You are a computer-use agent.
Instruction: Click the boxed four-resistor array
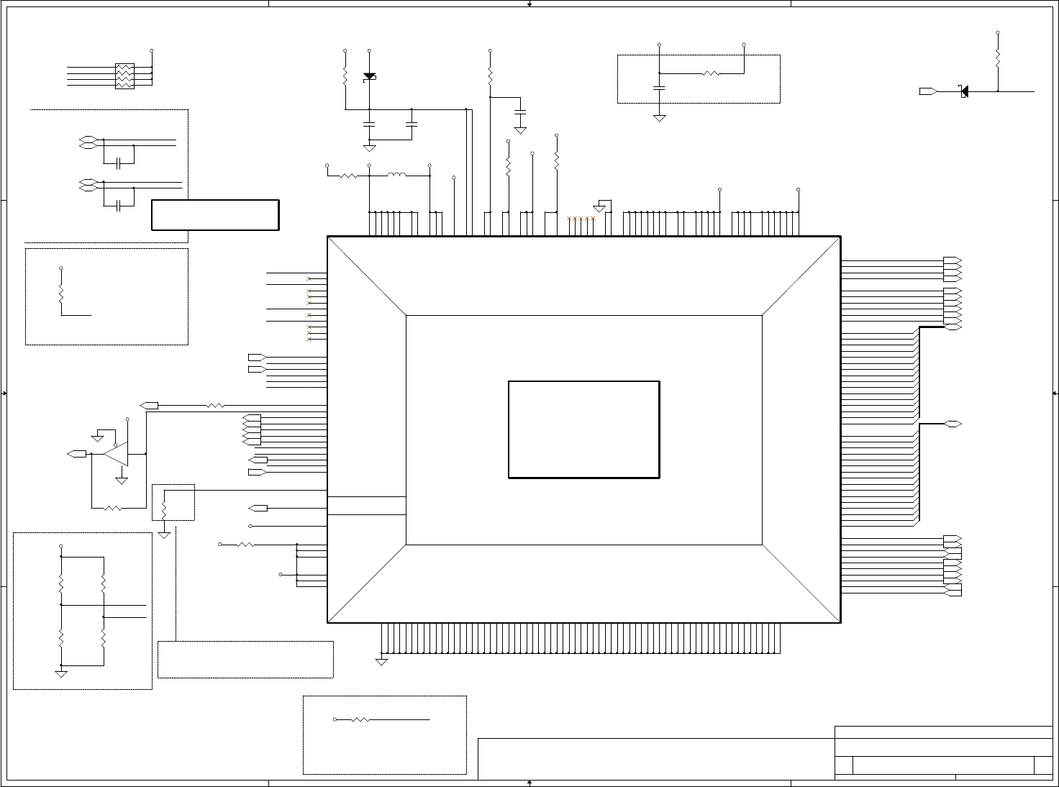click(124, 76)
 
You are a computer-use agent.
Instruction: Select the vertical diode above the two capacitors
click(369, 76)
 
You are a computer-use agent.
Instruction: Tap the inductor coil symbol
click(396, 175)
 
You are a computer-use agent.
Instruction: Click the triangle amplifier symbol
click(116, 454)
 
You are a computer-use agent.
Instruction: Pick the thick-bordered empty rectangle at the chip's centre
click(583, 429)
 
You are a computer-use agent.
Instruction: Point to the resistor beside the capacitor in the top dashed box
click(711, 73)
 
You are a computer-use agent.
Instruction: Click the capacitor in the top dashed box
click(659, 88)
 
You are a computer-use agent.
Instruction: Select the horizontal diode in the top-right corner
click(963, 91)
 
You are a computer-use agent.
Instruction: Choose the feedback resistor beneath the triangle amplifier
click(113, 508)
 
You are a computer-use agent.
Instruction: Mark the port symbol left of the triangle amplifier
click(76, 454)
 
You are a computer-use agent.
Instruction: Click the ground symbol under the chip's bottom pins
click(381, 660)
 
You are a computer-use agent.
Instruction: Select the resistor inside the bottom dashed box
click(360, 719)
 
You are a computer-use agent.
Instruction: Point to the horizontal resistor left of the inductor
click(347, 175)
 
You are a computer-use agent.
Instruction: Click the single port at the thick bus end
click(953, 424)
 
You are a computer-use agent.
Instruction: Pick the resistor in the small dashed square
click(164, 508)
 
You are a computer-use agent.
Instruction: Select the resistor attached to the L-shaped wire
click(61, 295)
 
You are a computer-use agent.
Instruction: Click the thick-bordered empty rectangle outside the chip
click(215, 215)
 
